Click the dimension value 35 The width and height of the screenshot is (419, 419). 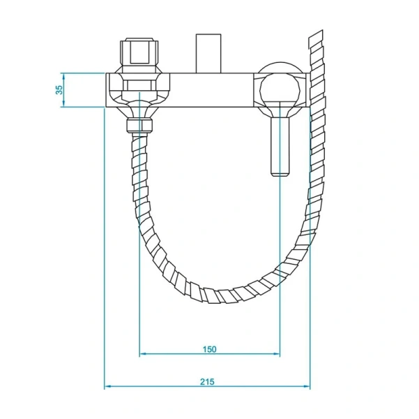pyautogui.click(x=60, y=89)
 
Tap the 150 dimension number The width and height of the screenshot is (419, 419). pyautogui.click(x=209, y=348)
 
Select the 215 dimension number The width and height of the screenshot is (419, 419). pyautogui.click(x=207, y=381)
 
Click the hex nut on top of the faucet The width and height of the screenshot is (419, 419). pyautogui.click(x=139, y=51)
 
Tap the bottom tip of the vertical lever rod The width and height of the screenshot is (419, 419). pyautogui.click(x=279, y=172)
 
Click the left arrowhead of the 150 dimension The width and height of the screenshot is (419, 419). pyautogui.click(x=143, y=354)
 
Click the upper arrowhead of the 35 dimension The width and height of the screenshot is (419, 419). pyautogui.click(x=63, y=75)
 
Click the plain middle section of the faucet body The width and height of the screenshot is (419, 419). pyautogui.click(x=209, y=89)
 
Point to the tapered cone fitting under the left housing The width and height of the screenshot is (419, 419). pyautogui.click(x=140, y=110)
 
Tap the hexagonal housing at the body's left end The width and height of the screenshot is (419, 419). pyautogui.click(x=139, y=89)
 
